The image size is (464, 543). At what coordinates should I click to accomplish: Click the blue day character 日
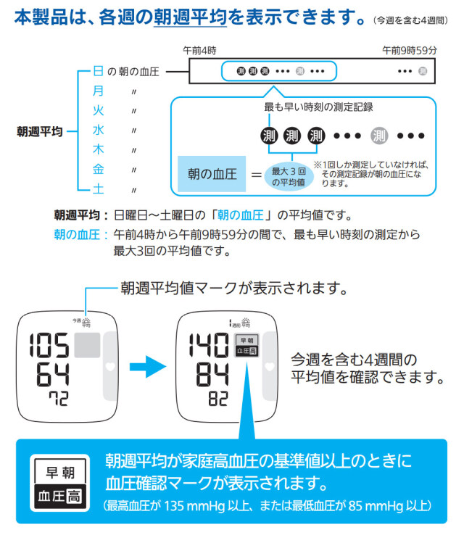99,71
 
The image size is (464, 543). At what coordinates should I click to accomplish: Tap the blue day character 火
99,110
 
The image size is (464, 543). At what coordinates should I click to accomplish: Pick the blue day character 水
99,130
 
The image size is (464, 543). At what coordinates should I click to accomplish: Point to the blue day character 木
99,149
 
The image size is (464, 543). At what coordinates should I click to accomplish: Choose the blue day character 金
99,169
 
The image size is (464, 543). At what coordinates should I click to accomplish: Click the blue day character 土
99,188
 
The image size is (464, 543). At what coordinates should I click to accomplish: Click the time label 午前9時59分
410,51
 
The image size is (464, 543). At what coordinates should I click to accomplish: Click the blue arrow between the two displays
152,366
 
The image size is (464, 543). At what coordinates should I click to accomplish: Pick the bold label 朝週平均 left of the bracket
39,131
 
